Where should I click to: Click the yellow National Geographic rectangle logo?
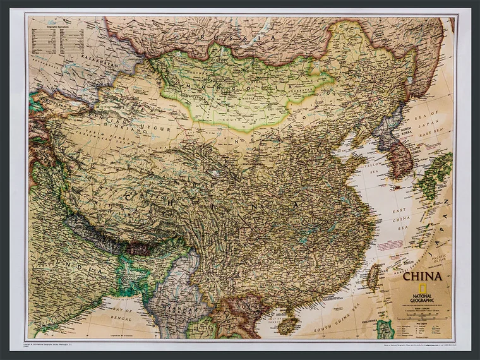click(409, 289)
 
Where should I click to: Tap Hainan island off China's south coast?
click(288, 325)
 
